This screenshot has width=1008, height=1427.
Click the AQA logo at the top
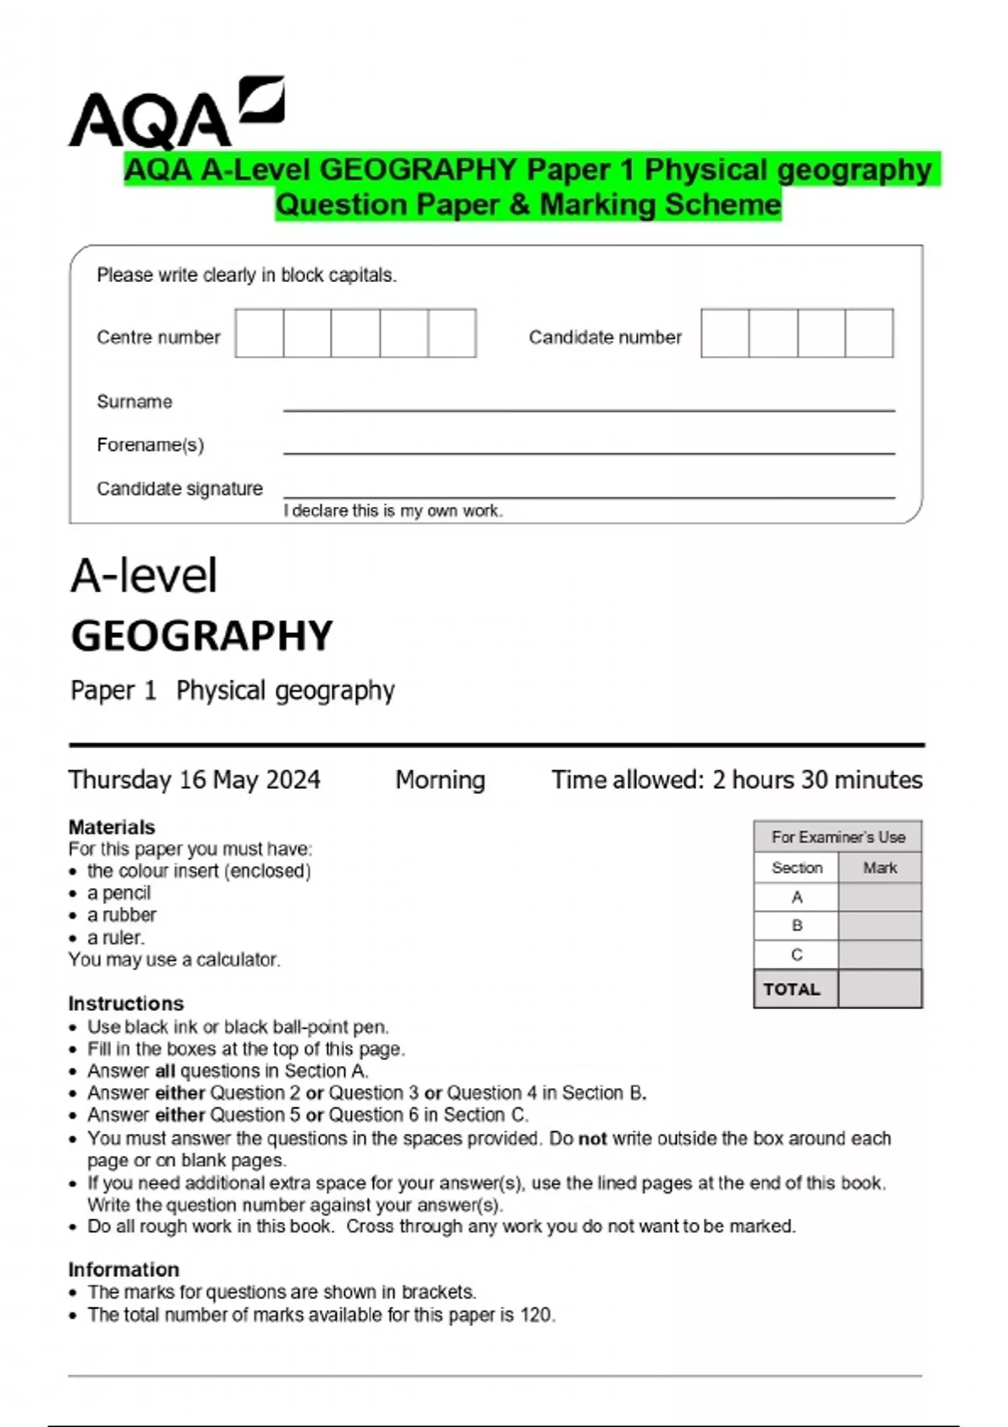point(176,113)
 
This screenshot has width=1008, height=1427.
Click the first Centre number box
point(260,333)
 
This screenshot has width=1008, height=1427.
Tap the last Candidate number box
point(869,333)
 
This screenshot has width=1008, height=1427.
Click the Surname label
point(134,401)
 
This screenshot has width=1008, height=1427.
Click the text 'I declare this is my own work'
point(393,510)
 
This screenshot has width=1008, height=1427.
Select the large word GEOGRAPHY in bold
point(202,636)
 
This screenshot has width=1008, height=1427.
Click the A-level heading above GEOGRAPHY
point(144,576)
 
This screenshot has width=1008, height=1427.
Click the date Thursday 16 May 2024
point(194,780)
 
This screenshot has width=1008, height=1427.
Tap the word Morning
point(440,780)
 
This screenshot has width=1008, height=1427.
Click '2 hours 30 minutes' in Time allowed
point(816,780)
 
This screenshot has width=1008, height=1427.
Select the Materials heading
point(112,827)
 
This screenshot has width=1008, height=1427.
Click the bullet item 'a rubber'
point(122,915)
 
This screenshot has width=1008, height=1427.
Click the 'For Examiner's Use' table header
point(837,837)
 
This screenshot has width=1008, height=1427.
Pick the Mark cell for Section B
point(879,926)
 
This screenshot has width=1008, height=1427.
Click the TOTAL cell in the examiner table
point(792,989)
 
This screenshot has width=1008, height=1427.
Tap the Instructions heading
point(126,1003)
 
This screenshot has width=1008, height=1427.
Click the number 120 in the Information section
point(536,1315)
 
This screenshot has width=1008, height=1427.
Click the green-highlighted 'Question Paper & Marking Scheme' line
point(528,205)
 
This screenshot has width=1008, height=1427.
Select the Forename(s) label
point(150,445)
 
